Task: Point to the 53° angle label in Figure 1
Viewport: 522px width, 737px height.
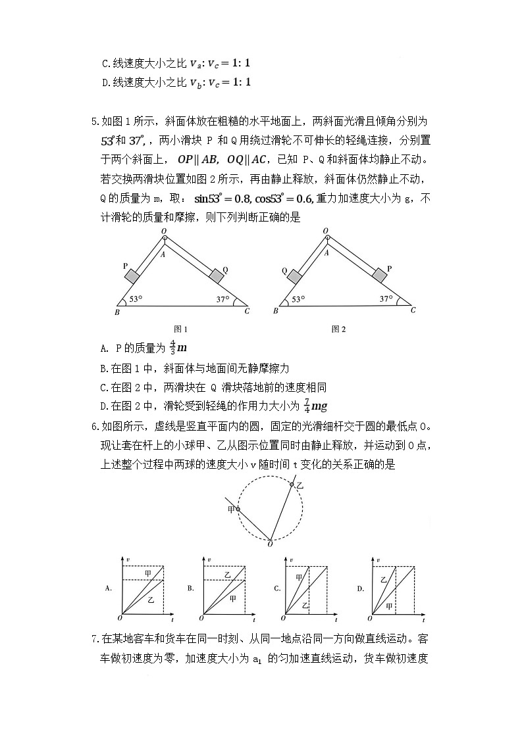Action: [136, 299]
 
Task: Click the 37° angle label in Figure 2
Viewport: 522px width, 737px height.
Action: [386, 299]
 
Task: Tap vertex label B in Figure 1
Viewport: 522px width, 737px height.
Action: [117, 312]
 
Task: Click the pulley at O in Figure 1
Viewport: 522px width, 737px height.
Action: [164, 237]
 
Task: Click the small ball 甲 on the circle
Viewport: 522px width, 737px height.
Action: [238, 509]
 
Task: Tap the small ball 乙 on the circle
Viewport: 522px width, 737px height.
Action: [292, 485]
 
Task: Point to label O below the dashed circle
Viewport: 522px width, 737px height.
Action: [270, 544]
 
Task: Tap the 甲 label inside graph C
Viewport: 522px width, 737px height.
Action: [299, 577]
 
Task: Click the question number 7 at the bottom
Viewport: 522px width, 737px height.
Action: [95, 638]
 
